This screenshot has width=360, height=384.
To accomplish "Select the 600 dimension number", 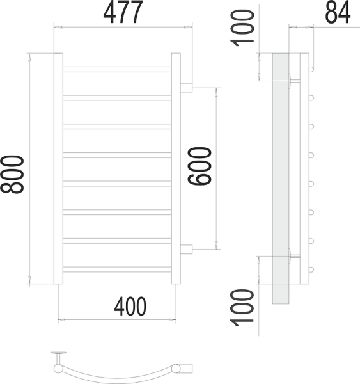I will [x=200, y=166].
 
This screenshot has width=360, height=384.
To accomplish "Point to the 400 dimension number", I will [x=130, y=307].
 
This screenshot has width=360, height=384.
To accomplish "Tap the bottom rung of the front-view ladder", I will [x=117, y=269].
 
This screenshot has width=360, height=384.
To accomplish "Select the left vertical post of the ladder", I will [x=58, y=168].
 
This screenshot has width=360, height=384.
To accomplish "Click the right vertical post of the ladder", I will [x=176, y=168].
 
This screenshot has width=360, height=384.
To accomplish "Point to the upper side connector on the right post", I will [x=187, y=88].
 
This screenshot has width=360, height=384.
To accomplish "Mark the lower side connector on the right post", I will [x=187, y=249].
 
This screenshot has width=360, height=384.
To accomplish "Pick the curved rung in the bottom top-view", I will [x=115, y=374].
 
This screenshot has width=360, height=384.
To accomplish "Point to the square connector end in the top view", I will [x=185, y=367].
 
